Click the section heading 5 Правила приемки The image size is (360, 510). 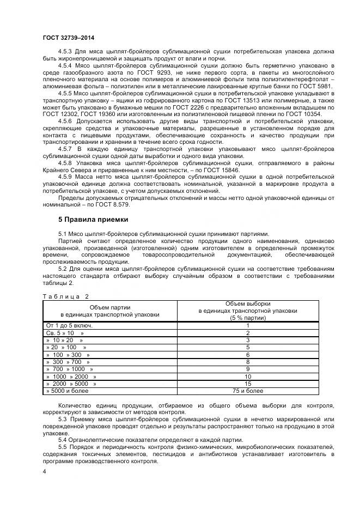pos(93,220)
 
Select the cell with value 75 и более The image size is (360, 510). pos(248,391)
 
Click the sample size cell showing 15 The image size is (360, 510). pos(248,384)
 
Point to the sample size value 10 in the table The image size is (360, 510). pos(248,377)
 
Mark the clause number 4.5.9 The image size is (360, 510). pos(65,177)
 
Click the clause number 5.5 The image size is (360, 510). pos(62,447)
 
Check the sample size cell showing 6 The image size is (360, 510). pos(248,355)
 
